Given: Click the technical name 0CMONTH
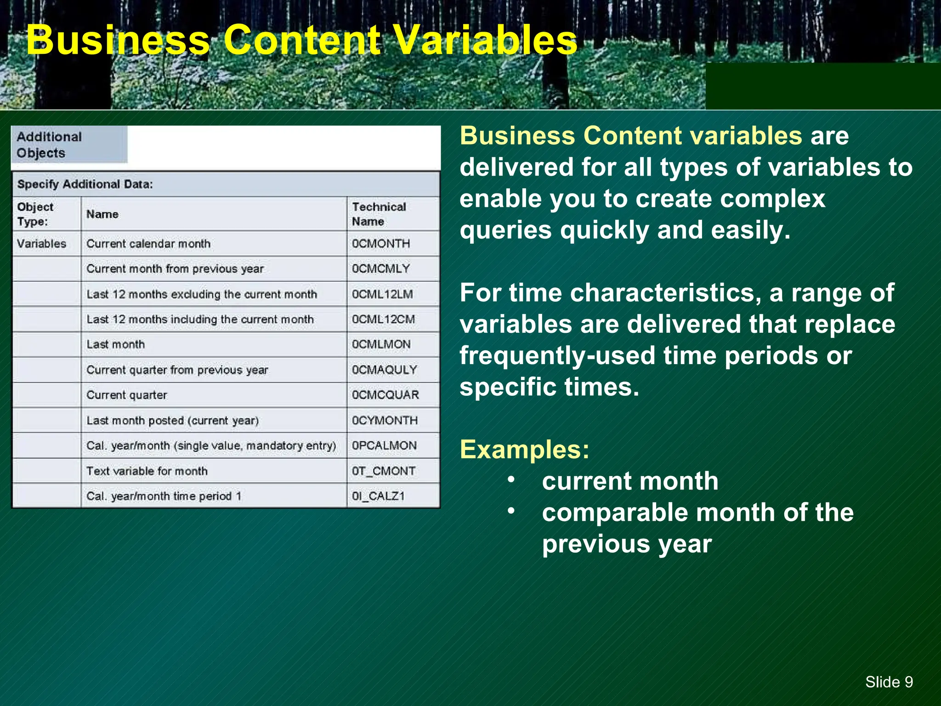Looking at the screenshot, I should pos(381,244).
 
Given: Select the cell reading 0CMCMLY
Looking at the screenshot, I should pos(381,269).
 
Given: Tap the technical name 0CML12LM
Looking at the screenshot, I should pos(382,294).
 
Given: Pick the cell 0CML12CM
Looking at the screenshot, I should pos(383,319).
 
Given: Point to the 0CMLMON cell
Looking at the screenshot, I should pos(381,345).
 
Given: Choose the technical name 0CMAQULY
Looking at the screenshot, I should pos(385,370).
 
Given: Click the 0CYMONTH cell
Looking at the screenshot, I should pos(385,421).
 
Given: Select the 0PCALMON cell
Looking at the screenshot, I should pos(385,446).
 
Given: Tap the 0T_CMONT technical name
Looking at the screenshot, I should pos(384,471).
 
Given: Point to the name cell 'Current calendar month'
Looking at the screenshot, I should pos(148,244).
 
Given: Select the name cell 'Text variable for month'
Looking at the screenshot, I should pos(147,471).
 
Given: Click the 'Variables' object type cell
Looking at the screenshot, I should pos(42,244).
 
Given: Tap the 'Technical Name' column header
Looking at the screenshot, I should pos(379,214).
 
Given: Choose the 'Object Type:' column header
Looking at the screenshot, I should pos(35,214).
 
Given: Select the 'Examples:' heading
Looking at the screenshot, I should pos(524,450).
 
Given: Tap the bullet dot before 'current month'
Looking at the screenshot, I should pos(511,479).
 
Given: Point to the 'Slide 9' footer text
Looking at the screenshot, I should pos(889,682).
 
